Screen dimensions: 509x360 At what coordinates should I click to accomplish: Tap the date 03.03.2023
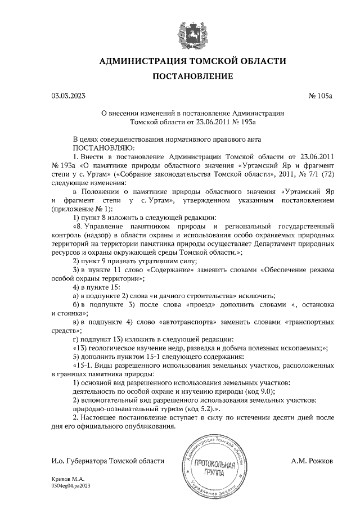[x=67, y=96]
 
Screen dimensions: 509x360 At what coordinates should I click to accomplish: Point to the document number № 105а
[x=321, y=96]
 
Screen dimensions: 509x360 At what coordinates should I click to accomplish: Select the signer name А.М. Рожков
[x=312, y=460]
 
